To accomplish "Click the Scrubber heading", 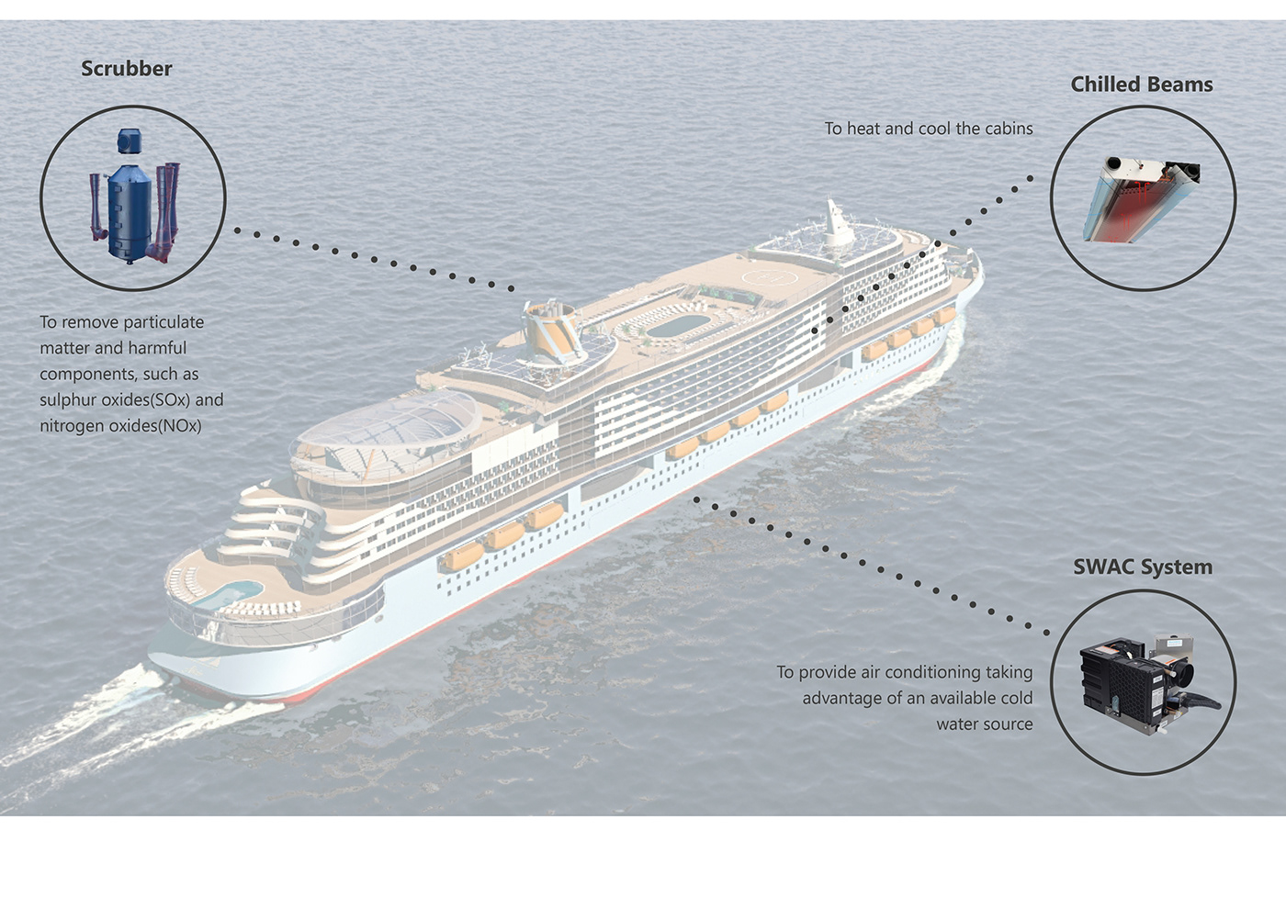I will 126,69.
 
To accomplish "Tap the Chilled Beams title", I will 1141,84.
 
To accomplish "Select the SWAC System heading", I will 1142,567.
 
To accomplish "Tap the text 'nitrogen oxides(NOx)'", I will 120,426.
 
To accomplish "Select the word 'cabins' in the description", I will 1009,129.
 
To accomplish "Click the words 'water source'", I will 984,724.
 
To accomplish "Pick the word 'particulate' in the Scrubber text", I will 164,322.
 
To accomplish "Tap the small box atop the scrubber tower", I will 130,140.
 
